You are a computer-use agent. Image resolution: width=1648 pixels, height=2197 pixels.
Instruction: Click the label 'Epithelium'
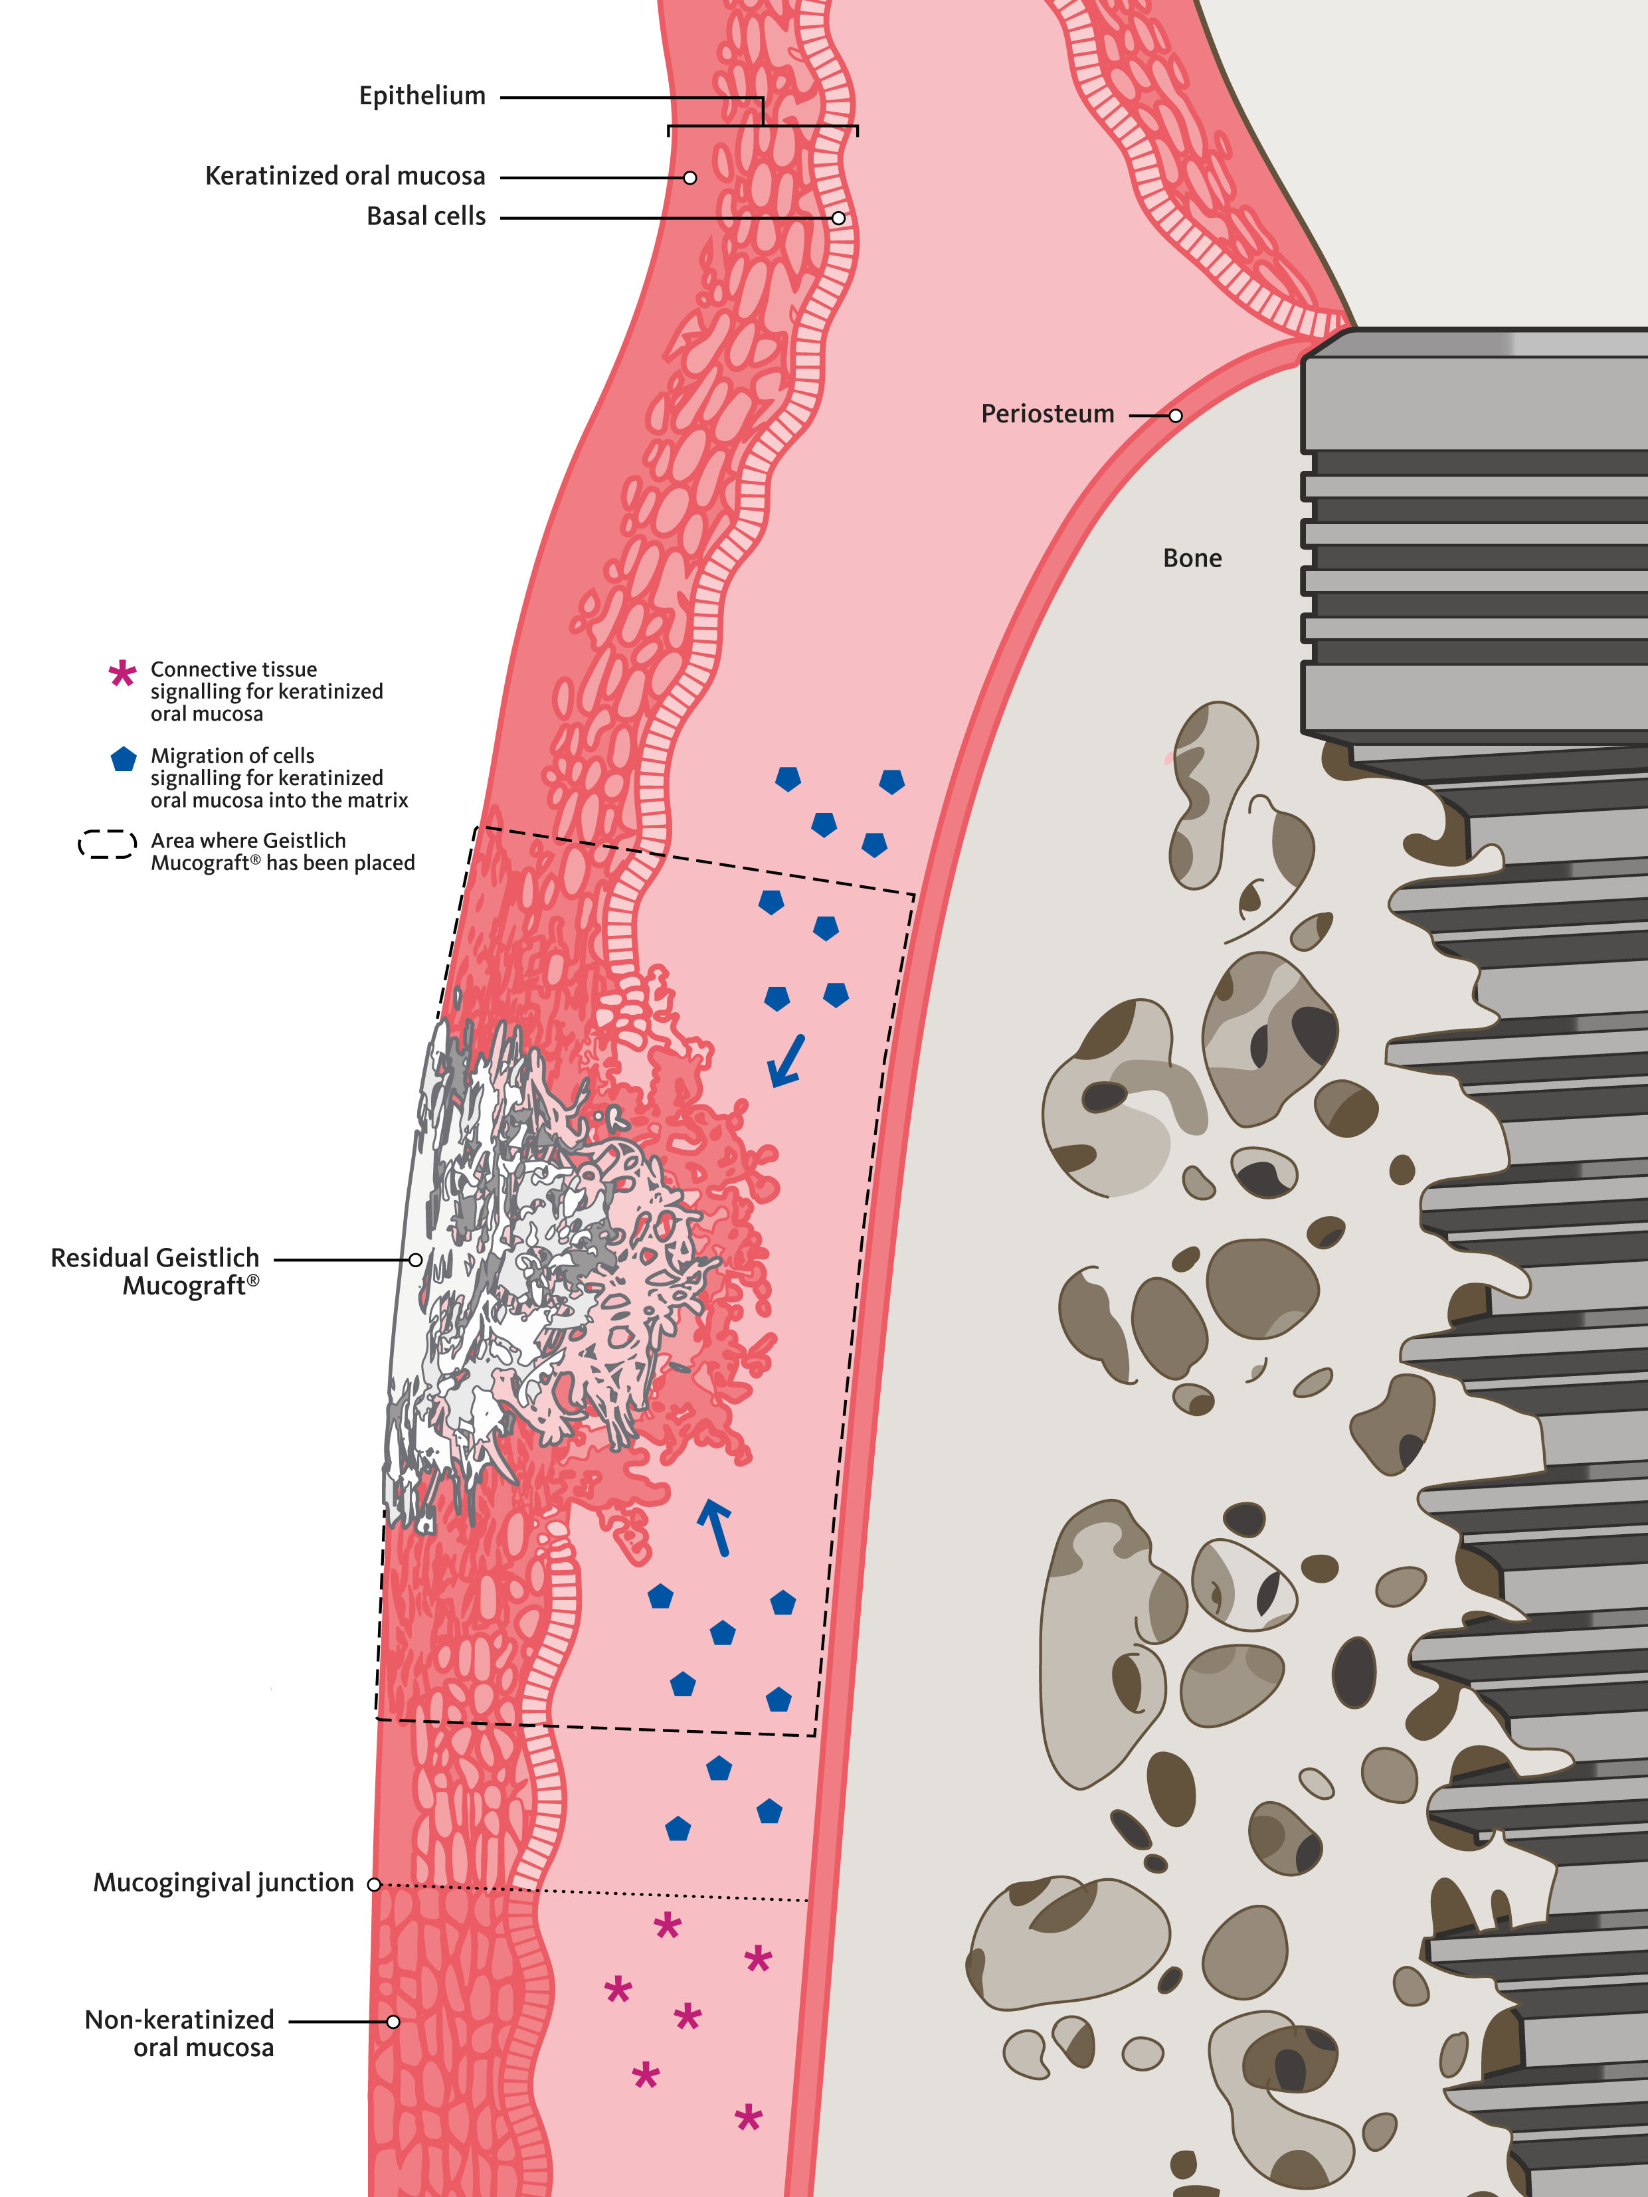(422, 96)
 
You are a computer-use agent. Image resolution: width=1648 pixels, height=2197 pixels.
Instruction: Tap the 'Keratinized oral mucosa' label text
(345, 177)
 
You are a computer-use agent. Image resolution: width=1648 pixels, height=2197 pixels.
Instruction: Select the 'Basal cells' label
(426, 217)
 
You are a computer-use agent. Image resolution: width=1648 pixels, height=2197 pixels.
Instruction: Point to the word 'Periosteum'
(1047, 414)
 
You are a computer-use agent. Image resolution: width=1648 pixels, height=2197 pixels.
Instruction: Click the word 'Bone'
(1192, 558)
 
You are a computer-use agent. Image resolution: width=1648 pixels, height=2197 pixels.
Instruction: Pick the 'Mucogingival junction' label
(223, 1883)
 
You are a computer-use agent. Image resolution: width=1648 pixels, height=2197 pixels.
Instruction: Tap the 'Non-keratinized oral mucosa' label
(180, 2033)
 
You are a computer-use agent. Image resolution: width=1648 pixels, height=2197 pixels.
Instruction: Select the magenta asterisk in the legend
(122, 674)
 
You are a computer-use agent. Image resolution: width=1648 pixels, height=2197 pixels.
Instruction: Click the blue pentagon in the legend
(123, 760)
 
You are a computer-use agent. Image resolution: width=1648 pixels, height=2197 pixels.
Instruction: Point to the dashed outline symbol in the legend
(108, 844)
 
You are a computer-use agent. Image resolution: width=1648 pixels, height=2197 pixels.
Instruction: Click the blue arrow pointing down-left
(786, 1060)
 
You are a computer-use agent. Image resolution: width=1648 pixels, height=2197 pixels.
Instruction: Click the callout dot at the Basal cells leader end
(838, 218)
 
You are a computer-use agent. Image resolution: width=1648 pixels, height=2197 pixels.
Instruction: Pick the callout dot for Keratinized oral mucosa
(689, 178)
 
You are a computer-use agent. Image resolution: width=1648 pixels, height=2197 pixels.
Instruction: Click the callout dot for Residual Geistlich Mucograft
(415, 1259)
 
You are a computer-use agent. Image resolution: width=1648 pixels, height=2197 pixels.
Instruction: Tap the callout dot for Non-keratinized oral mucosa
(393, 2021)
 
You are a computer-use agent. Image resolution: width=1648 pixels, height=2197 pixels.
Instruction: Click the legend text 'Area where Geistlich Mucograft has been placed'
(282, 851)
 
